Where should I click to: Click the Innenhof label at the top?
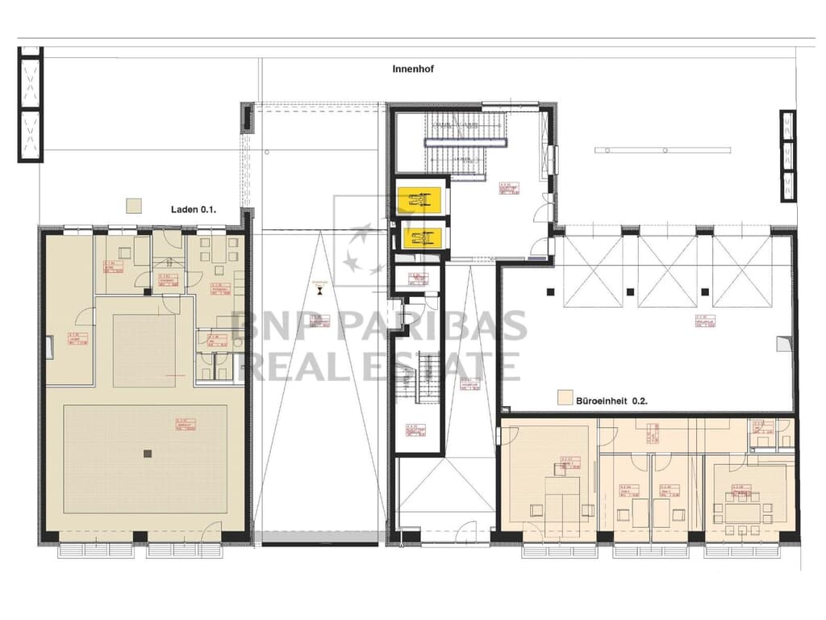tap(413, 69)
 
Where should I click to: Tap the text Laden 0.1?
tap(194, 210)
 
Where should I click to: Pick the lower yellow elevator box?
tap(419, 238)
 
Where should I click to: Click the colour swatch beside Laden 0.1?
tap(134, 205)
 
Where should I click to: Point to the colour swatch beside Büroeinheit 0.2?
tap(564, 398)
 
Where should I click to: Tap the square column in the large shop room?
tap(147, 454)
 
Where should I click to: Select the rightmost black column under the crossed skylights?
tap(705, 291)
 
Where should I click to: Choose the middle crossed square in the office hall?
tap(666, 271)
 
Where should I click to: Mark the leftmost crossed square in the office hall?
tap(593, 271)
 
